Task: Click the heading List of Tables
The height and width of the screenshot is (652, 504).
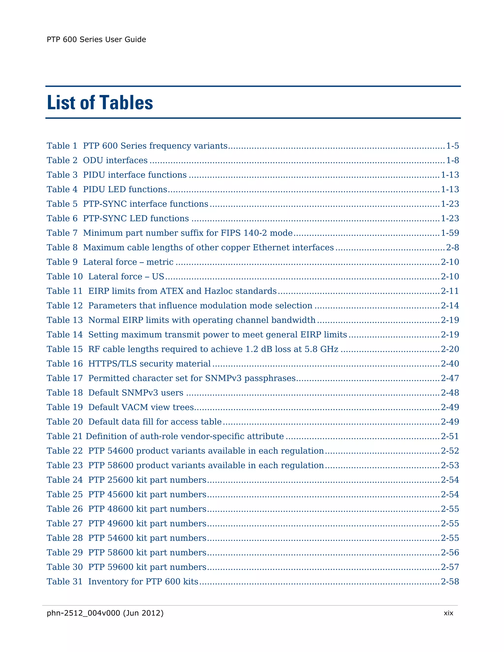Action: pyautogui.click(x=100, y=103)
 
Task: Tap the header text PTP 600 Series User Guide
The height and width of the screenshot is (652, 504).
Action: pyautogui.click(x=96, y=40)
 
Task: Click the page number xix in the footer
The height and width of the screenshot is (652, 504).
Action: pyautogui.click(x=448, y=613)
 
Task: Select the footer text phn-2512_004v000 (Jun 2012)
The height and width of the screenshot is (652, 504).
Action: pyautogui.click(x=105, y=613)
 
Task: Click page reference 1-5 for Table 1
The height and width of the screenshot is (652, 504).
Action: pyautogui.click(x=452, y=146)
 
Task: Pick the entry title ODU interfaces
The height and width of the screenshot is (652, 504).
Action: pyautogui.click(x=115, y=160)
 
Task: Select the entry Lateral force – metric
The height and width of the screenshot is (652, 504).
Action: pyautogui.click(x=128, y=262)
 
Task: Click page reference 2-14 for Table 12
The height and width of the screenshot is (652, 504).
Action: pyautogui.click(x=450, y=305)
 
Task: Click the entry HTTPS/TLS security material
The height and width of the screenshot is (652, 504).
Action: pyautogui.click(x=149, y=364)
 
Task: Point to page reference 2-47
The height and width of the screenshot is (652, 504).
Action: pyautogui.click(x=450, y=378)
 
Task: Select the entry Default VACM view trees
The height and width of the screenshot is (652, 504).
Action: pyautogui.click(x=141, y=407)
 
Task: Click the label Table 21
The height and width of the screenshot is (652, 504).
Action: pyautogui.click(x=64, y=436)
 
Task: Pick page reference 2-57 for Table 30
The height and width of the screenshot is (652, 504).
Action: pyautogui.click(x=450, y=567)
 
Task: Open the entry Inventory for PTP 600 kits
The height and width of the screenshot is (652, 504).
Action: pyautogui.click(x=143, y=582)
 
